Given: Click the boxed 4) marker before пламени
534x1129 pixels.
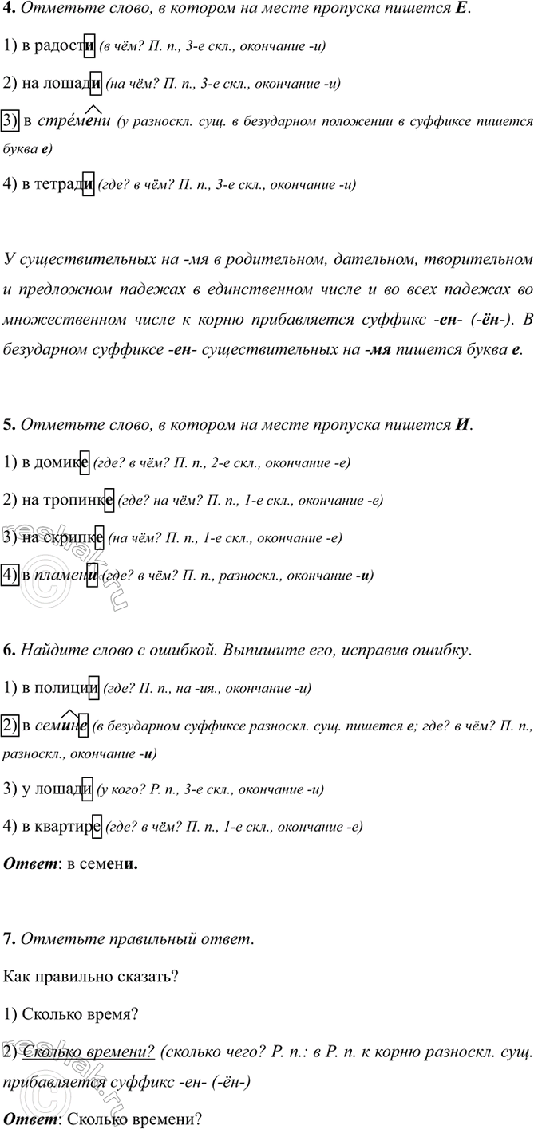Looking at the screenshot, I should [x=11, y=574].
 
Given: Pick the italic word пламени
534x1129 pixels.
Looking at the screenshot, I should [x=67, y=574].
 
